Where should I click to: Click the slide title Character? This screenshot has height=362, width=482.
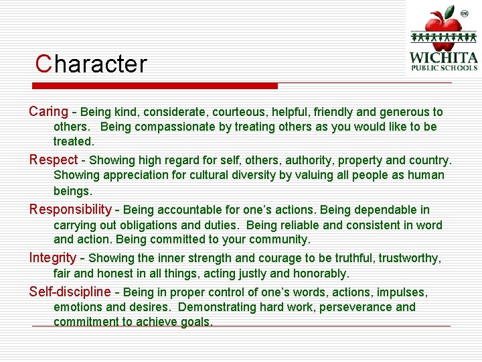(91, 64)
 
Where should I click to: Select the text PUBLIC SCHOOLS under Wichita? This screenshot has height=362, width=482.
(443, 68)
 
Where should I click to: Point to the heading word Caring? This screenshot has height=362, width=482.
(48, 112)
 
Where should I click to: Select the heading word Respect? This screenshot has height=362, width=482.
(53, 160)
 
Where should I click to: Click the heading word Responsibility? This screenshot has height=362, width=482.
(70, 210)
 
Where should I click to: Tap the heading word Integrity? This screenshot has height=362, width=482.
(53, 257)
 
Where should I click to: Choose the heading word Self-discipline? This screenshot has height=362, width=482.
(70, 292)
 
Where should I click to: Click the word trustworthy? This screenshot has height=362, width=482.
(408, 258)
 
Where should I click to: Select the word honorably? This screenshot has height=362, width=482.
(315, 274)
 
